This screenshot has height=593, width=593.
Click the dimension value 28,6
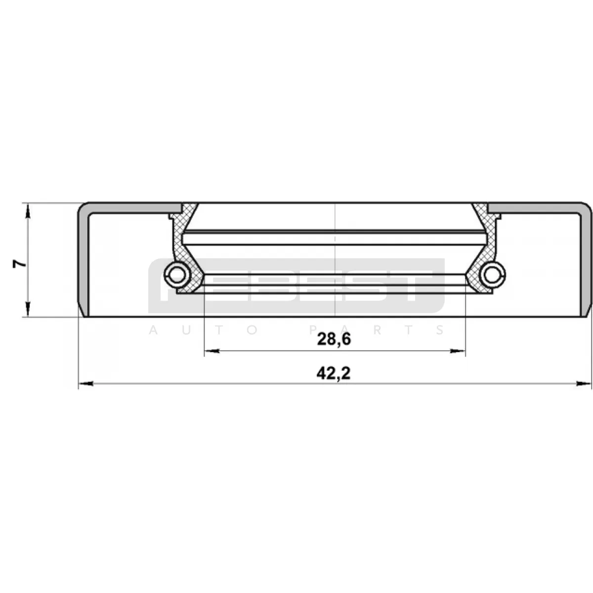334,339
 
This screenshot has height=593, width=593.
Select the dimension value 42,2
334,374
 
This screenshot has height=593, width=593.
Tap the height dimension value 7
19,264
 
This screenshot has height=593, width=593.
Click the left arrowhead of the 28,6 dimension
212,351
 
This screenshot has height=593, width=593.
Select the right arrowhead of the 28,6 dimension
458,351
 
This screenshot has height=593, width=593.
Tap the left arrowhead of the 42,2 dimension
86,384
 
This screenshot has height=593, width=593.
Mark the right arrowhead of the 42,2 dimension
584,384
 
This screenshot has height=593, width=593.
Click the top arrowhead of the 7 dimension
28,211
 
